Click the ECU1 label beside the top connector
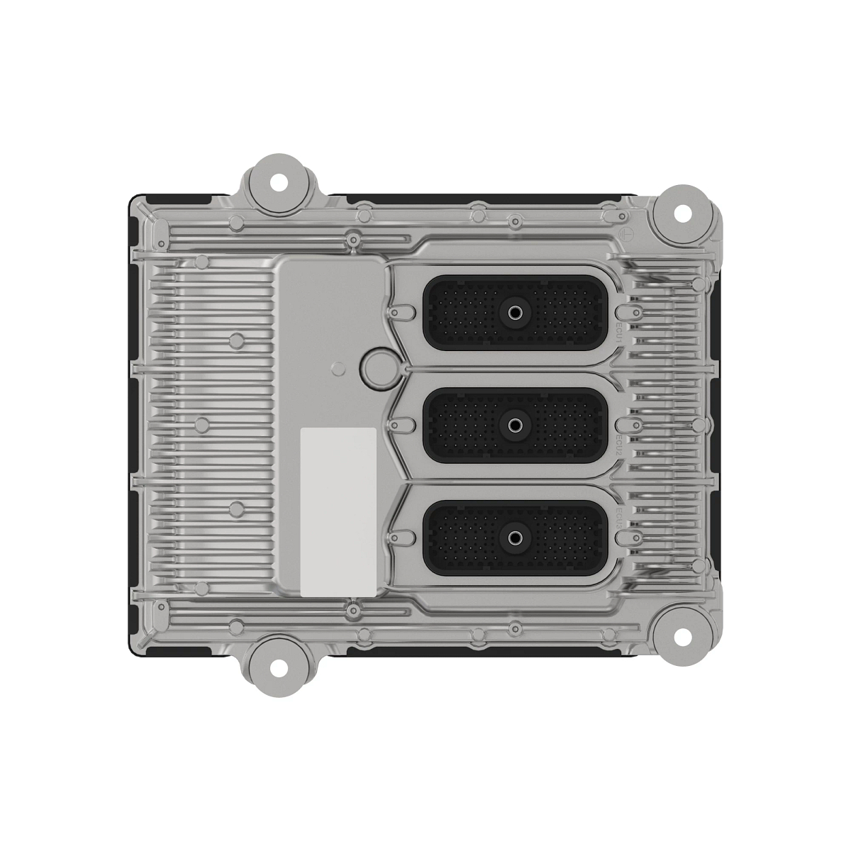(x=618, y=330)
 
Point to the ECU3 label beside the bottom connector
(x=618, y=516)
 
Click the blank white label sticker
(x=338, y=511)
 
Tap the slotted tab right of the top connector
(x=626, y=311)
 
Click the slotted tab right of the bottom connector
(x=626, y=538)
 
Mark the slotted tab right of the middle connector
(x=626, y=425)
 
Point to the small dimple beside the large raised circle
(x=339, y=367)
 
